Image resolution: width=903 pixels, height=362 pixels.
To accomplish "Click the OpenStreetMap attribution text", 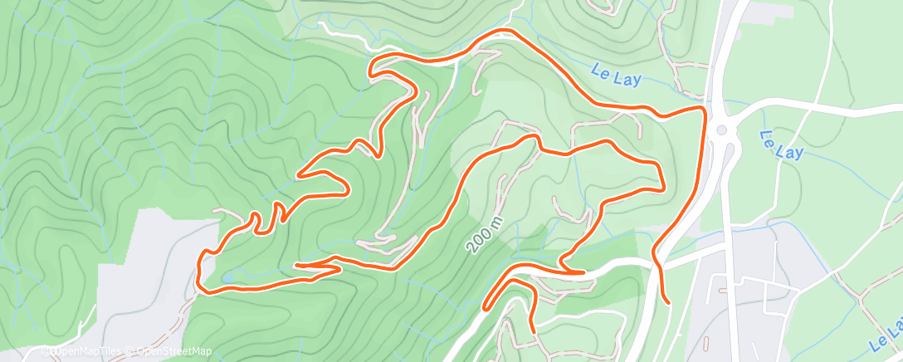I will point(173,351).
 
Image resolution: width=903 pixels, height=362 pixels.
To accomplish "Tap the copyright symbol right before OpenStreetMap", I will point(132,351).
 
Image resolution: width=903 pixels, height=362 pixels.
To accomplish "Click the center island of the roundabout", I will point(720,129).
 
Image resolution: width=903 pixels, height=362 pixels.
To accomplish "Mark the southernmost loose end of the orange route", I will point(532,332).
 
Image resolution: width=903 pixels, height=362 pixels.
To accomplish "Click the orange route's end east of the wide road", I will point(668,303).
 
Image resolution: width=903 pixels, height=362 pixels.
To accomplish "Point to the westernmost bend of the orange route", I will point(198,266).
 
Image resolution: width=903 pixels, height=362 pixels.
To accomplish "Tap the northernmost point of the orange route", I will point(502,32).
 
